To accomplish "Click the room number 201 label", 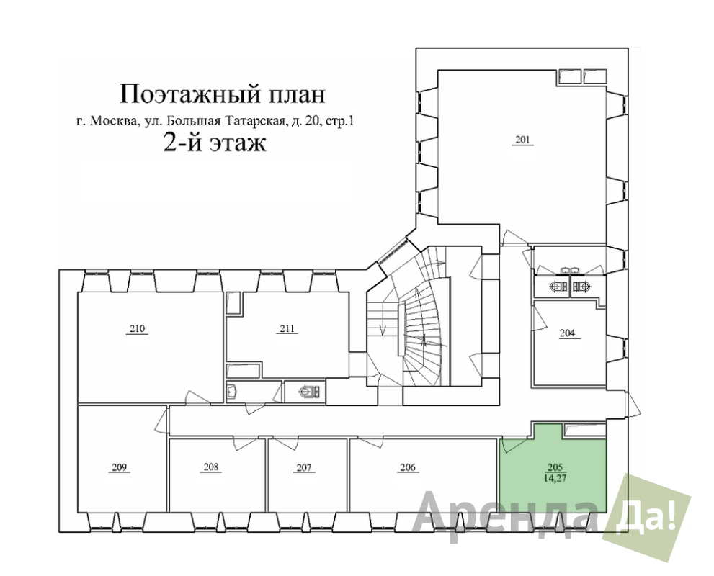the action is [523, 140].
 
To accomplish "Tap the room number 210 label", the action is [137, 328].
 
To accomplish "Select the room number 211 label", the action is [287, 328].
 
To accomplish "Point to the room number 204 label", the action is [567, 333].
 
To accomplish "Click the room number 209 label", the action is [119, 467].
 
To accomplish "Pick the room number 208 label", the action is [211, 467].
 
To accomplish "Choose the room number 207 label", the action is [304, 467].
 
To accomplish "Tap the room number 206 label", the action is [408, 467].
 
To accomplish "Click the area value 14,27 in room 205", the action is [555, 478].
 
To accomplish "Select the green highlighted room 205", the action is [553, 473].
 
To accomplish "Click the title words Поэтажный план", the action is [223, 94].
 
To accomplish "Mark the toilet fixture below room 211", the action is [309, 391].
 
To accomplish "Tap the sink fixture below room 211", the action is [232, 391].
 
